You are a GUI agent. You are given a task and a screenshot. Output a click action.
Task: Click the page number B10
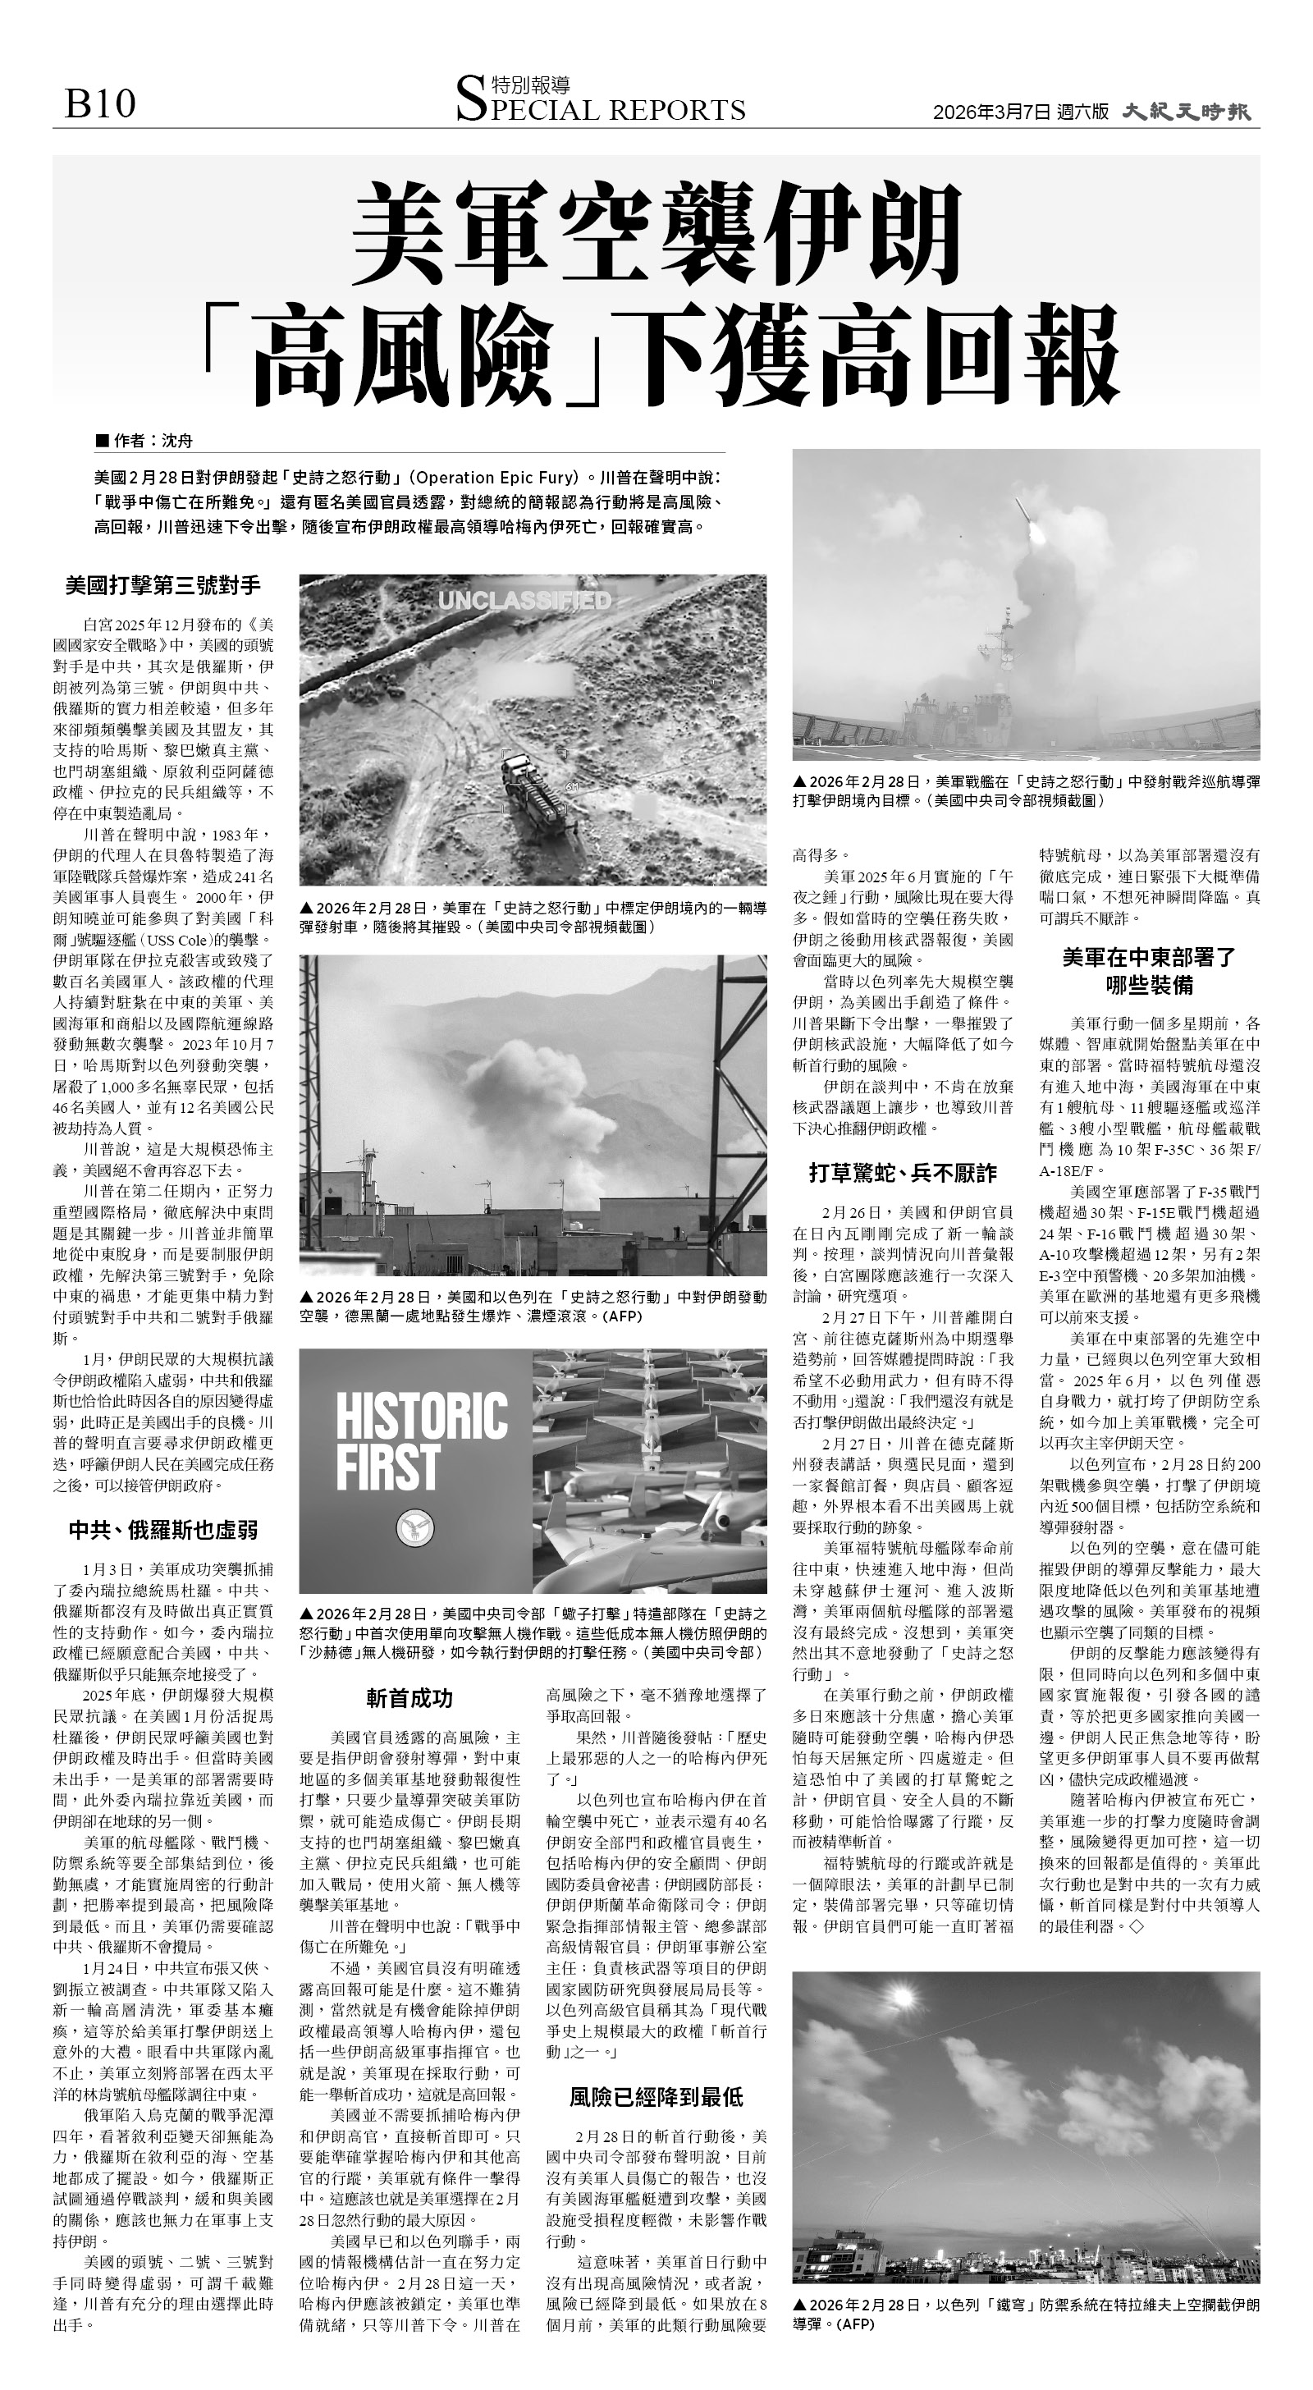coord(99,104)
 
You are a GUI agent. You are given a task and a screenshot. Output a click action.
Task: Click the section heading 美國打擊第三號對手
coord(163,585)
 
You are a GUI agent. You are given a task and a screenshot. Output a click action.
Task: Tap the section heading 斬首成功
coord(409,1698)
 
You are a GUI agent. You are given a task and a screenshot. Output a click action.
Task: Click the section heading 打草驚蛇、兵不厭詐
coord(903,1174)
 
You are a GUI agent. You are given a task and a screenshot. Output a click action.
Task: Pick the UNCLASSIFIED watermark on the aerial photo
coord(524,602)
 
